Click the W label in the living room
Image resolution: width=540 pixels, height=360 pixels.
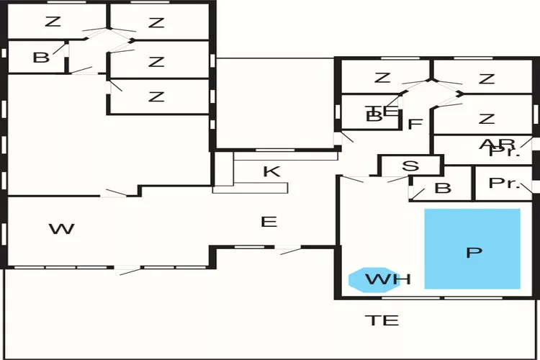[62, 229]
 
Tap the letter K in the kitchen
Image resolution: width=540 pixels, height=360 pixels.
[271, 171]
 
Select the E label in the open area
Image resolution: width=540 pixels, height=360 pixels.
[269, 222]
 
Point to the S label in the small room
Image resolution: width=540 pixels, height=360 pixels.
[410, 166]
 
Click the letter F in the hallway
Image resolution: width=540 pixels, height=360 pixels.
[414, 124]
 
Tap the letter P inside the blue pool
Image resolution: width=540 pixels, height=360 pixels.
[473, 252]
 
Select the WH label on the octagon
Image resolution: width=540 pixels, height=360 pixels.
[388, 279]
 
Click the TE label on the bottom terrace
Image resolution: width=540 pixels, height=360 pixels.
[382, 320]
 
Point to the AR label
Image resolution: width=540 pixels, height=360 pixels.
[496, 144]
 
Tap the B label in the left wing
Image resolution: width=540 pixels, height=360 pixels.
[41, 58]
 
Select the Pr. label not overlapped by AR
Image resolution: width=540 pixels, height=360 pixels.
[505, 183]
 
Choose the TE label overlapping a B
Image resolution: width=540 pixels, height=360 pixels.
[382, 111]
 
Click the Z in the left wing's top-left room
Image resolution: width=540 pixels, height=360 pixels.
[53, 22]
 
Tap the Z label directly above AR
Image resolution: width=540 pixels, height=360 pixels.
[487, 119]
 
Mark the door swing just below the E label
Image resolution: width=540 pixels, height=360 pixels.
[289, 250]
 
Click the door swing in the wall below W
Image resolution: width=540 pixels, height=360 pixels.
[128, 270]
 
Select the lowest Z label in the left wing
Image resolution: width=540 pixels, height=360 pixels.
[156, 96]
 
